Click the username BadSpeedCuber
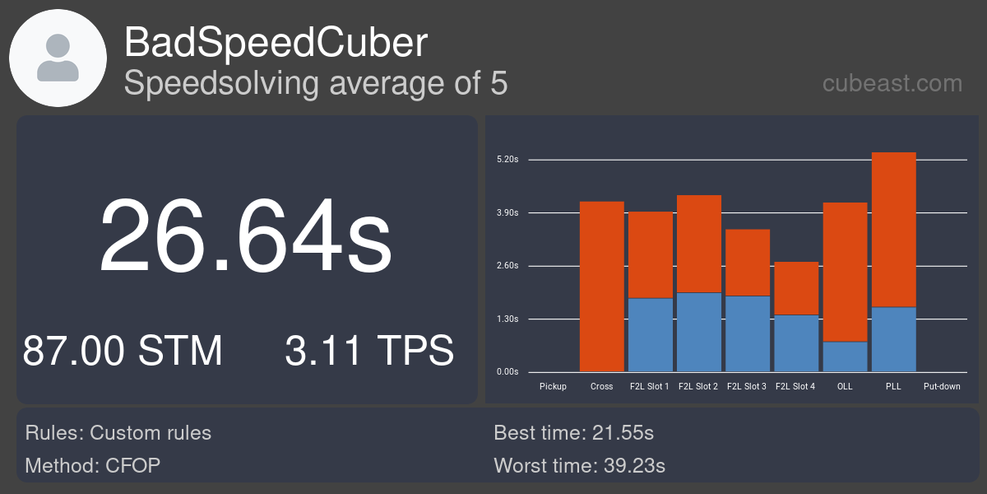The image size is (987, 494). pos(276,42)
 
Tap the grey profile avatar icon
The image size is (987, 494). pos(58,58)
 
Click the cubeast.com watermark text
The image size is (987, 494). pos(892,83)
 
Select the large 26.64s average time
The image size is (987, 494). pos(245,235)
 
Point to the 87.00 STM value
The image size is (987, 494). pos(123,351)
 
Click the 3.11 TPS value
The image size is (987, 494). pos(369,351)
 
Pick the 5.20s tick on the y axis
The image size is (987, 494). pos(507,159)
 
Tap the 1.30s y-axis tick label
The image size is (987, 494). pos(507,319)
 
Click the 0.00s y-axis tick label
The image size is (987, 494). pos(507,372)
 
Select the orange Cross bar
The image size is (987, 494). pos(602,287)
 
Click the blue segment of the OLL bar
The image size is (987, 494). pos(846,357)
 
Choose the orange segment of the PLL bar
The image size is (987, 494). pos(894,230)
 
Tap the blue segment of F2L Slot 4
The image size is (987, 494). pos(797,343)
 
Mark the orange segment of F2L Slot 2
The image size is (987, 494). pos(699,244)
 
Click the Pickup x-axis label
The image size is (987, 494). pos(553,386)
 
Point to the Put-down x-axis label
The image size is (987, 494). pos(942,386)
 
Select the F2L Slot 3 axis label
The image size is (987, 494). pos(747,386)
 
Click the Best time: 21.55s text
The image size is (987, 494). pos(574,433)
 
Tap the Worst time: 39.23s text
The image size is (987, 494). pos(579,465)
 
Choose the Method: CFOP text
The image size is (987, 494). pos(92,465)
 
